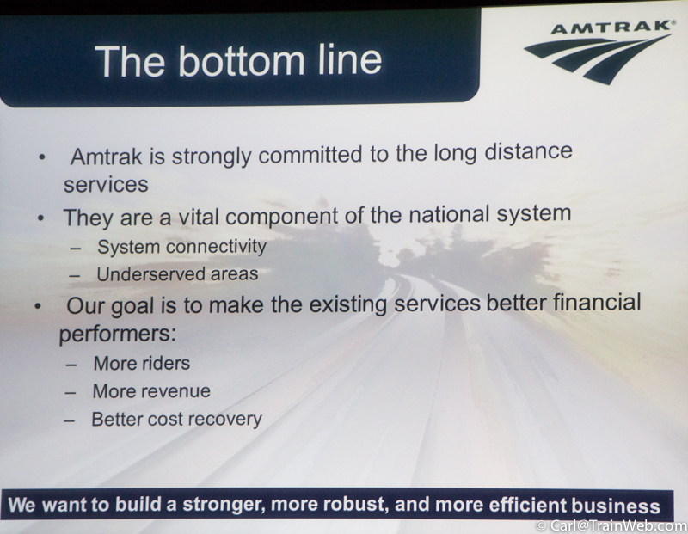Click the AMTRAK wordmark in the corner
tap(612, 28)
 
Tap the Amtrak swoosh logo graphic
tap(598, 58)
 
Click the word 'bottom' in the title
tap(241, 60)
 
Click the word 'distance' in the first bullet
tap(528, 151)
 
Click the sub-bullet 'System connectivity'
tap(181, 247)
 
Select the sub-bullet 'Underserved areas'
tap(177, 274)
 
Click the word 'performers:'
tap(118, 334)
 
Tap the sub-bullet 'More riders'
tap(142, 364)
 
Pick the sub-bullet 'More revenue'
tap(151, 391)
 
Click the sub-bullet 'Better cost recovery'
tap(176, 420)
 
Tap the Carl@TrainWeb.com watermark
tap(611, 525)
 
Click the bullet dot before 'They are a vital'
tap(40, 218)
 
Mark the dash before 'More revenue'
tap(71, 392)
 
